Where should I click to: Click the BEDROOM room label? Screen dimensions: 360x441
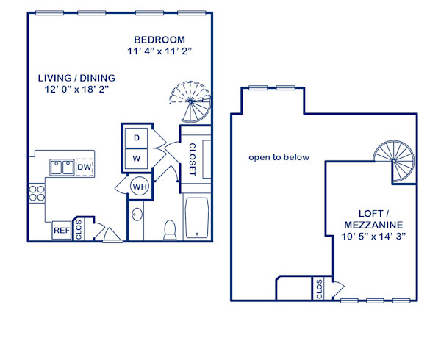tap(159, 39)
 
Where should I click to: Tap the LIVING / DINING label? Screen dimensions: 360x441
tap(76, 77)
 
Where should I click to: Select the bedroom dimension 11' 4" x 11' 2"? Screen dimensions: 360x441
tap(159, 51)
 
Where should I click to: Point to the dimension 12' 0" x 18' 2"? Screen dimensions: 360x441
tap(76, 90)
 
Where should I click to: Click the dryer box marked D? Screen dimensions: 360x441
tap(137, 137)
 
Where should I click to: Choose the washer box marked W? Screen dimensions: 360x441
tap(137, 157)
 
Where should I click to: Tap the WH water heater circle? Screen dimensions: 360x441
tap(139, 187)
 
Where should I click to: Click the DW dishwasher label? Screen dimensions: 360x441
tap(84, 168)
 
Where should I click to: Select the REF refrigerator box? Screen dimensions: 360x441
tap(62, 231)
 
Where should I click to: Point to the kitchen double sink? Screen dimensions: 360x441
tap(61, 168)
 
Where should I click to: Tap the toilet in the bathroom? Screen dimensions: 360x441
tap(170, 229)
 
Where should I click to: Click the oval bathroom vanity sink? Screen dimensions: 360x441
tap(137, 216)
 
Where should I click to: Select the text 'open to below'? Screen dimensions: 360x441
tap(279, 157)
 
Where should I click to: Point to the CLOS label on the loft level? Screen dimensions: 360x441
tap(318, 289)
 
